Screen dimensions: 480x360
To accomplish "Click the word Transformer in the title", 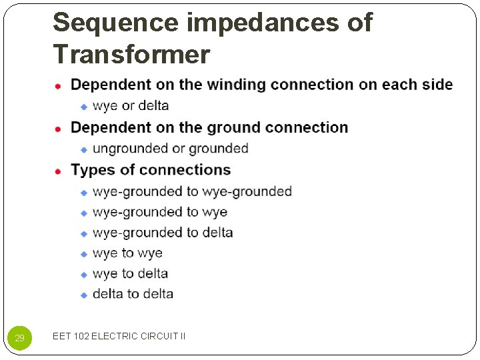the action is (131, 53).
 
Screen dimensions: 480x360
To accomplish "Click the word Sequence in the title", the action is (115, 23).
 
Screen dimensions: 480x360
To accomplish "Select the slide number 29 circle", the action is (19, 338).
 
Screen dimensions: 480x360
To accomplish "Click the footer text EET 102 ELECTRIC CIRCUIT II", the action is (119, 336).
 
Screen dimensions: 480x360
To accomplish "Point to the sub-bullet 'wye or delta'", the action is (131, 105).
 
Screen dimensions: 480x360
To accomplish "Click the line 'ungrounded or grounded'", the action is (170, 148).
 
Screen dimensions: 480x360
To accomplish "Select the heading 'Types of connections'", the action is (151, 170).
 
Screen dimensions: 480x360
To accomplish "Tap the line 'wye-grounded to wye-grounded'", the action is (192, 191).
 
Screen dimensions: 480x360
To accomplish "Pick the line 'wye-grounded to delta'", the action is (163, 233).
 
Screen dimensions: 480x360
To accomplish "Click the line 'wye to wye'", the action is (127, 253).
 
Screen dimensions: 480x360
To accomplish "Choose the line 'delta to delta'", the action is (133, 294).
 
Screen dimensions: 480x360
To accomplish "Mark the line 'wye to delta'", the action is (130, 273).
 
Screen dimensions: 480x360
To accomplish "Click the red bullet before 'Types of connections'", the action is (59, 171).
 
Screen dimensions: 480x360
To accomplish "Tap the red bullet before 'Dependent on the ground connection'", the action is (59, 128).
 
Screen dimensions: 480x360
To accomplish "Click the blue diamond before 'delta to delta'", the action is (84, 295).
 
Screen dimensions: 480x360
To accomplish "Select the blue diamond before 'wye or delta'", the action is (84, 106).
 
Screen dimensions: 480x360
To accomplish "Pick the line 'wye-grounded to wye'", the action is (160, 212).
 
